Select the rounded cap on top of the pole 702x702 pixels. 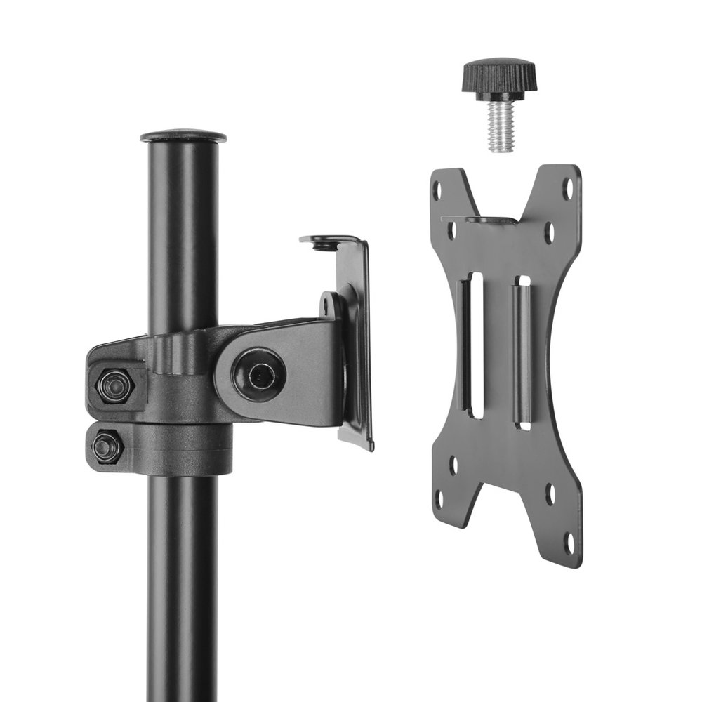(x=183, y=134)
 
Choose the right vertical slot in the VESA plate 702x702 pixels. (x=523, y=351)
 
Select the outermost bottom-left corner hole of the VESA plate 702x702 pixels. (x=440, y=498)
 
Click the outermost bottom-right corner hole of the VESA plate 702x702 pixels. (x=569, y=541)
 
